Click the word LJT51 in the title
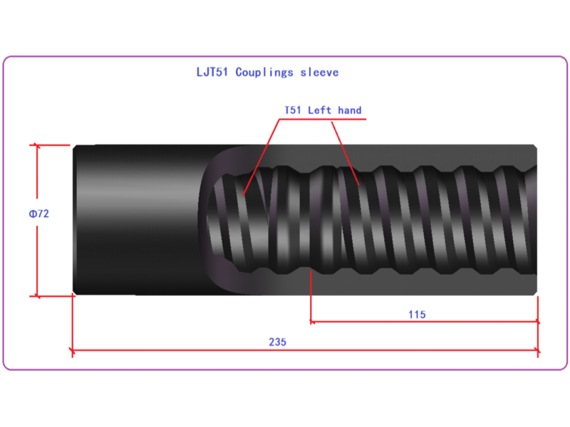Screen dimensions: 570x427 pos(212,72)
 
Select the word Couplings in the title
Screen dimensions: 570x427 pos(264,73)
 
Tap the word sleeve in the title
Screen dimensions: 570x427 pos(319,73)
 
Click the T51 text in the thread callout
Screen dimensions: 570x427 pos(293,110)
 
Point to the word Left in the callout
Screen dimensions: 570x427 pos(319,110)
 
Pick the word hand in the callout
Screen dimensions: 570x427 pos(350,110)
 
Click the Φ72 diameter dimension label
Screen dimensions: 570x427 pos(39,213)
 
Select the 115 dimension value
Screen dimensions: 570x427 pos(417,315)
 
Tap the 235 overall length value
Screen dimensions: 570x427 pos(278,342)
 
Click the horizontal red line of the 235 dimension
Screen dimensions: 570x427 pos(306,350)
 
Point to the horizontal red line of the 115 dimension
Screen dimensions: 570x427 pos(425,322)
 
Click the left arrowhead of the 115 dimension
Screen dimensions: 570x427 pos(313,322)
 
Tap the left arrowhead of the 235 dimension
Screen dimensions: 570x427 pos(73,350)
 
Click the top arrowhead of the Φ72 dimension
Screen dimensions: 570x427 pos(37,146)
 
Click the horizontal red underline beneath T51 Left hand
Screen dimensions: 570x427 pos(323,119)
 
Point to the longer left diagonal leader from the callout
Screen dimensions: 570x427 pos(261,157)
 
